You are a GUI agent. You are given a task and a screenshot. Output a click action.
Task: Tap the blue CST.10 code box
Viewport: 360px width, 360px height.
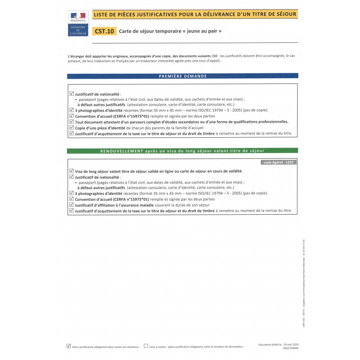click(x=104, y=31)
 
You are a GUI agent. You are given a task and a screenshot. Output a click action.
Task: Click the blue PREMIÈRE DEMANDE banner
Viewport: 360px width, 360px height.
click(x=183, y=76)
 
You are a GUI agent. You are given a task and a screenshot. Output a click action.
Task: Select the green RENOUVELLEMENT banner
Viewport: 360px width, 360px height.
click(x=182, y=151)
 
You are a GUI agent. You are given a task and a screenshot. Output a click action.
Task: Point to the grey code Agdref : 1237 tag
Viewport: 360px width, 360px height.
click(x=279, y=162)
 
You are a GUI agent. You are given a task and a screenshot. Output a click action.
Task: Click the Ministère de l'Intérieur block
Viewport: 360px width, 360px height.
click(x=77, y=30)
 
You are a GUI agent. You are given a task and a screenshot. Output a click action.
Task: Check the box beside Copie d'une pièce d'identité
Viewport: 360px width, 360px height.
click(x=72, y=127)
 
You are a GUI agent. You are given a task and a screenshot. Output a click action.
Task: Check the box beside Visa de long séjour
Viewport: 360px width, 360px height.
click(x=72, y=171)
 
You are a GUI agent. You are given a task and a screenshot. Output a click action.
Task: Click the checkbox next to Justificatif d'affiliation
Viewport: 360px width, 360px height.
click(x=72, y=204)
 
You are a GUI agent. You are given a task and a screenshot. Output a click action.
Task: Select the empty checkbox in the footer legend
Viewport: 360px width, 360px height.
click(x=146, y=346)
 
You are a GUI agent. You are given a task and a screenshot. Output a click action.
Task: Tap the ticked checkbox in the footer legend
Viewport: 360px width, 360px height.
click(x=68, y=346)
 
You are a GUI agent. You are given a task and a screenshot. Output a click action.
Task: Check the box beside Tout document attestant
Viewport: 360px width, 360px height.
click(x=72, y=121)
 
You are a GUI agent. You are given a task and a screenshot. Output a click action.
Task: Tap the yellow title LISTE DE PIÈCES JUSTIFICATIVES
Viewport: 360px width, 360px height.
click(x=194, y=14)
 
